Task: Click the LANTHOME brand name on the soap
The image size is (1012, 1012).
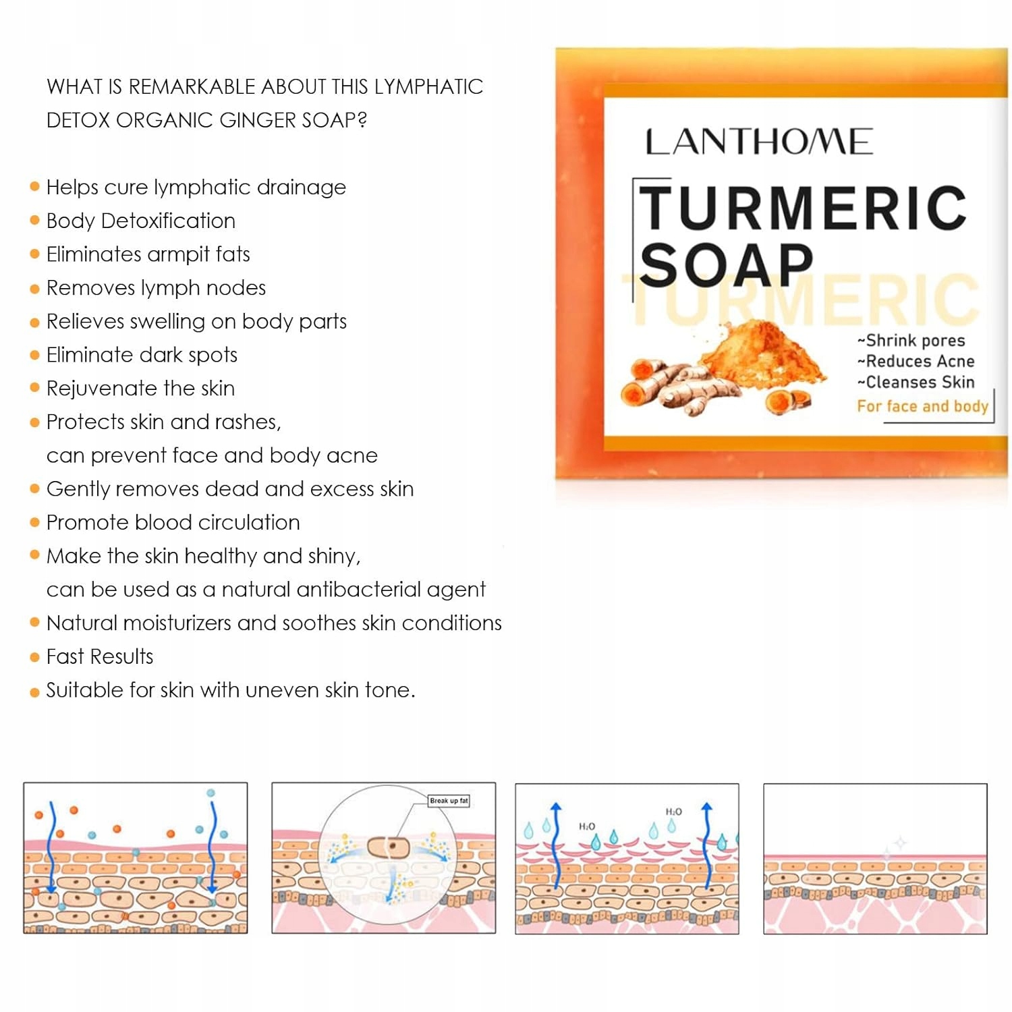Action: point(759,142)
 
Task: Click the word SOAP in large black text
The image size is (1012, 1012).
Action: point(726,265)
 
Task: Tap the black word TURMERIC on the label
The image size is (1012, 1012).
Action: point(803,208)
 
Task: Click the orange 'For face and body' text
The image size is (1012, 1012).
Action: point(922,406)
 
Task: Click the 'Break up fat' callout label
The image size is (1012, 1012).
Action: point(449,801)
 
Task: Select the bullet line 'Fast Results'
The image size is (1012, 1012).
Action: point(100,656)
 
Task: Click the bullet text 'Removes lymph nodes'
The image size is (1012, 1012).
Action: point(156,288)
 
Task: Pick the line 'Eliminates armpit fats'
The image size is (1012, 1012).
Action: point(148,254)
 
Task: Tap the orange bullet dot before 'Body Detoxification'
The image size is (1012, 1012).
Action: point(35,221)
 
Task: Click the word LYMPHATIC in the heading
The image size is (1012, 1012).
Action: point(428,87)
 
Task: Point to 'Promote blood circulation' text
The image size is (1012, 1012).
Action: point(173,522)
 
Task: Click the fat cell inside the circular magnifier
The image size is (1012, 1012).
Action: point(388,847)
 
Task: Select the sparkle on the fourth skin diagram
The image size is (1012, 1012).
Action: point(897,843)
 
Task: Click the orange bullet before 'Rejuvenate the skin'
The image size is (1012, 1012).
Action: point(35,388)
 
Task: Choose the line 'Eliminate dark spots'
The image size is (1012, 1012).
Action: point(142,355)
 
